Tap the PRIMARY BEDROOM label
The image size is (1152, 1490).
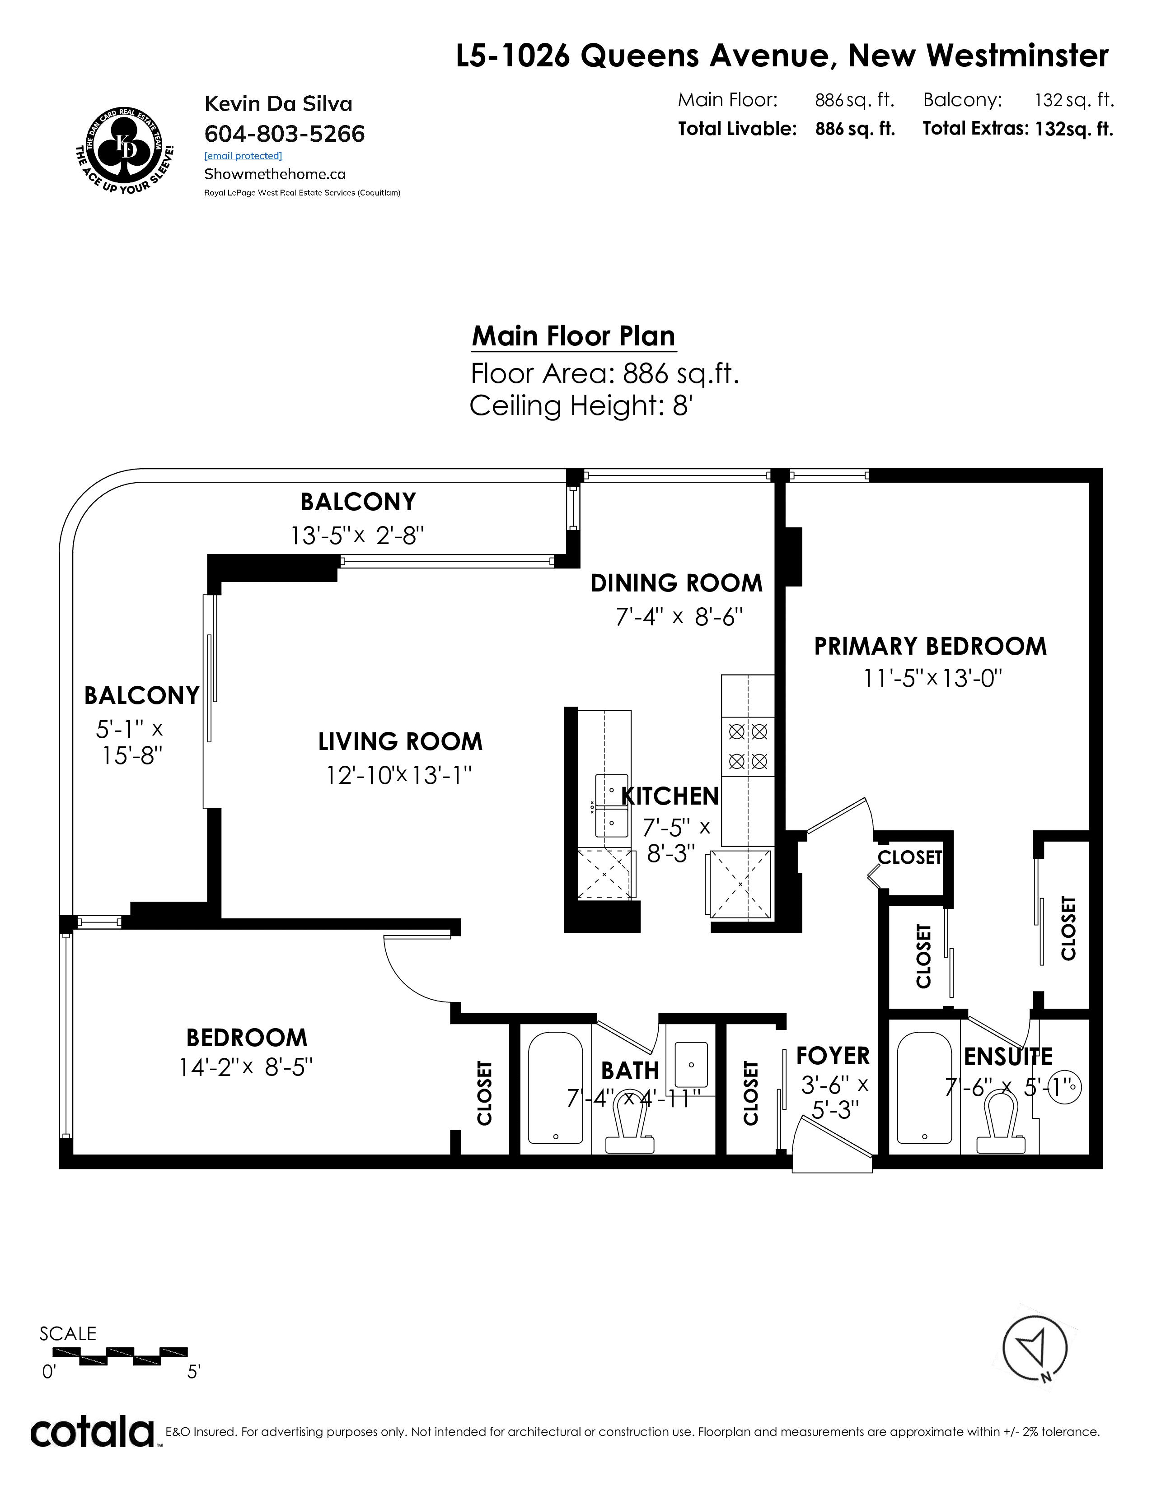pos(930,646)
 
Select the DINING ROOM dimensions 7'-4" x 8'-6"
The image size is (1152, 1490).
pos(679,617)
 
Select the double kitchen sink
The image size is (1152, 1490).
pos(612,805)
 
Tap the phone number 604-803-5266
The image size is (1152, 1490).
pos(285,134)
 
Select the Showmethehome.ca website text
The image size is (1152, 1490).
pos(275,174)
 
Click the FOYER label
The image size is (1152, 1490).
pos(833,1056)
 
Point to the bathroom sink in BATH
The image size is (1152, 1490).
pos(691,1064)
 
